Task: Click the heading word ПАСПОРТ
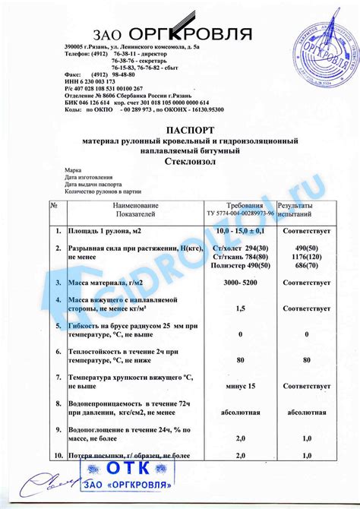tap(179, 130)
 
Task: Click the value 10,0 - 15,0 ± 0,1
tap(240, 230)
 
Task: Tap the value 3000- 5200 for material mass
tap(239, 283)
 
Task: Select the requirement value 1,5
tap(240, 308)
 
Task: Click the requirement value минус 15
tap(240, 387)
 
